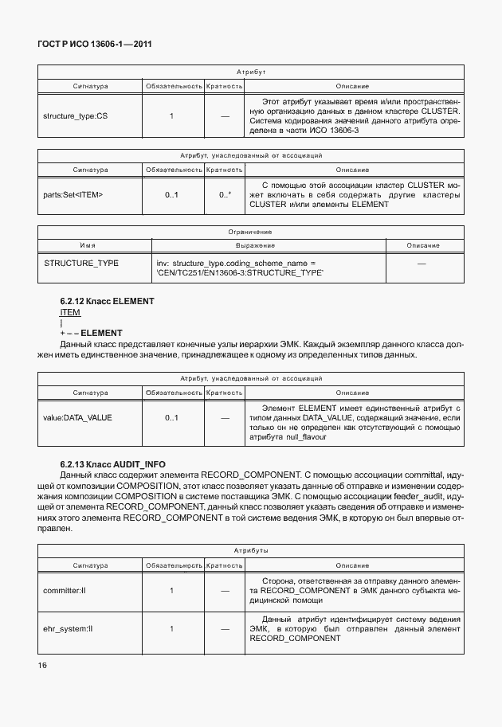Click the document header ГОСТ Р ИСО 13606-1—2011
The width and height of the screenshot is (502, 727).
[x=95, y=44]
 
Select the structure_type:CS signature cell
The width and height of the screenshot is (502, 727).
[x=75, y=116]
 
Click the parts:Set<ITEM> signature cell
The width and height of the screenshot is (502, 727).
[x=73, y=194]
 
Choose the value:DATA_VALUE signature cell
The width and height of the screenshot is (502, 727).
[x=77, y=416]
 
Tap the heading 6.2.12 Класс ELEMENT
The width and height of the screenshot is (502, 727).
[x=106, y=302]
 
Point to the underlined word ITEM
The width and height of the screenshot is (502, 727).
[x=70, y=313]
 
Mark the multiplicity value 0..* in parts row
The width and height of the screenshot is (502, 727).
[x=225, y=194]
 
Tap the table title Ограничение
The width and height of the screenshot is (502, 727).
[x=251, y=232]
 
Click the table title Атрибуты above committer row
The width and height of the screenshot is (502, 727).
[x=251, y=550]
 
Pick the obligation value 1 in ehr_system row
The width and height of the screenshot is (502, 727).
[x=171, y=628]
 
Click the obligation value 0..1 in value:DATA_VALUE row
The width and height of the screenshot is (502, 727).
[x=171, y=416]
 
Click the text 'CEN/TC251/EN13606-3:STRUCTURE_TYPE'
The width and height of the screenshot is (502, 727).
[x=240, y=272]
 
